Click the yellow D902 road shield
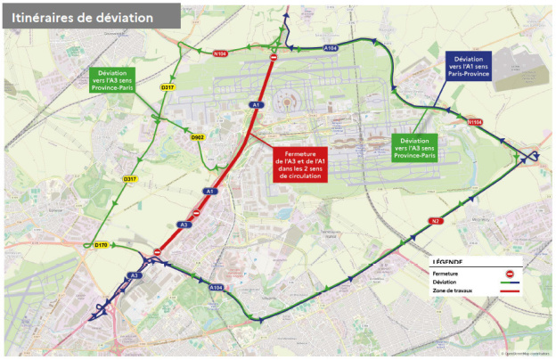197,137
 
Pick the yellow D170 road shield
101,245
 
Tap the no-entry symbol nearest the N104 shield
273,59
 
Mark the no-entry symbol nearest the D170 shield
157,252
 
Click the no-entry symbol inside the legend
508,274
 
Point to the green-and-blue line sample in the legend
508,282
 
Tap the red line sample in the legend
508,290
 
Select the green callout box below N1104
417,148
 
